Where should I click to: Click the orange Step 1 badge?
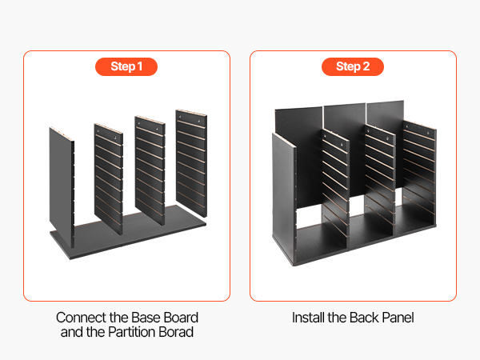pos(126,66)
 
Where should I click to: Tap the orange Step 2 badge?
pos(353,66)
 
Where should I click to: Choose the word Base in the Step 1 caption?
pos(147,318)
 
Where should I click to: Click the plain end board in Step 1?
pos(62,186)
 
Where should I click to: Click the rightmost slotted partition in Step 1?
pos(191,163)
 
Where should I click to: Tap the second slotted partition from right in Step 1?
pos(150,170)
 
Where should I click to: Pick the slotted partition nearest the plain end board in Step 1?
pos(108,179)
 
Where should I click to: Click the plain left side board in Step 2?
pos(284,196)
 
